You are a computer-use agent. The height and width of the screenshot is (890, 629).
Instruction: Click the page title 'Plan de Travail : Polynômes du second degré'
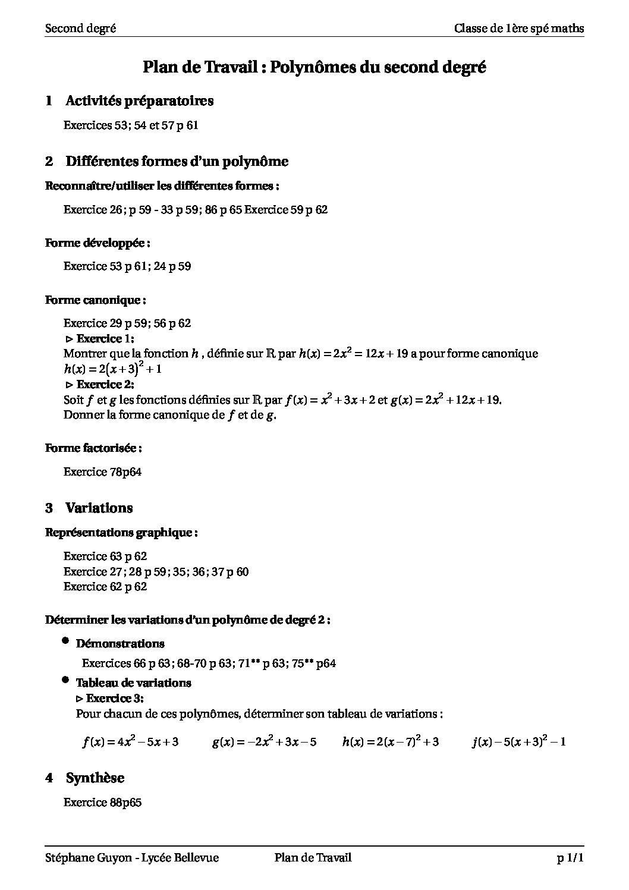pos(314,68)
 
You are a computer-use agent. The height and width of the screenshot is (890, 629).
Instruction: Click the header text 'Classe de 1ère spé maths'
pos(518,28)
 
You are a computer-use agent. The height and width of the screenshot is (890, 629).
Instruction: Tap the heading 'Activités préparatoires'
pos(139,101)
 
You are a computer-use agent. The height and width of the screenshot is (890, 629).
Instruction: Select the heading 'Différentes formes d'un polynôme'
pos(177,161)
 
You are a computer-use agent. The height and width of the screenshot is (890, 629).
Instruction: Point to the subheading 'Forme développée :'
pos(98,243)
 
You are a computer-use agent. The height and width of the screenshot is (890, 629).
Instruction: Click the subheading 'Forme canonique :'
pos(96,300)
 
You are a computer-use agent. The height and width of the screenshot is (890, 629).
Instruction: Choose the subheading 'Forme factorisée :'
pos(93,448)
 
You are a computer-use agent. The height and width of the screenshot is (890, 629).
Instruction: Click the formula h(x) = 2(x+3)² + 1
pos(113,369)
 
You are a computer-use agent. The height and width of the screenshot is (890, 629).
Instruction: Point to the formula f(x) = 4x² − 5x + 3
pos(131,741)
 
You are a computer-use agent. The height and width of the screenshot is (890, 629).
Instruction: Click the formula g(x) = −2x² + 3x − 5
pos(264,741)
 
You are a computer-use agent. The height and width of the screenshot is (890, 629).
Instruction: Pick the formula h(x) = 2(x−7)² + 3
pos(391,741)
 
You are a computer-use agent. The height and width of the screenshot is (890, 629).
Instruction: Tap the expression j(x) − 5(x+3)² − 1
pos(518,741)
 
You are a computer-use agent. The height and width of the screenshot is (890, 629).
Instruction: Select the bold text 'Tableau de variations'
pos(133,683)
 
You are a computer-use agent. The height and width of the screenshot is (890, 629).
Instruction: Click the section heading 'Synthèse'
pos(95,778)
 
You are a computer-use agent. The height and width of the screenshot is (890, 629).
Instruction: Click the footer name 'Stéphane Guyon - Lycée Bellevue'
pos(132,857)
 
